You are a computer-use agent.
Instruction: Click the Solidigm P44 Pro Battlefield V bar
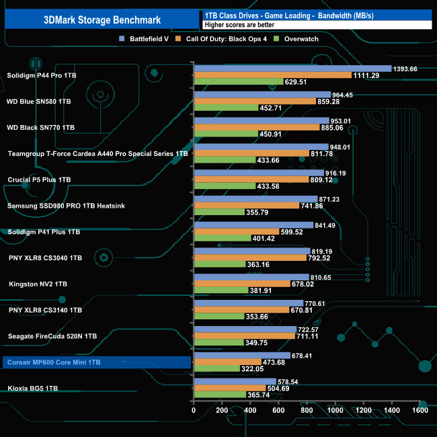292,68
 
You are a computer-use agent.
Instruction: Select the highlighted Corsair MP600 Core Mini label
54,362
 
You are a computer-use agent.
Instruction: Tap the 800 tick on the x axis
307,411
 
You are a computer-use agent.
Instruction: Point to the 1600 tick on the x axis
420,411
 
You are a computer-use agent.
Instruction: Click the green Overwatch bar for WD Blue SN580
225,108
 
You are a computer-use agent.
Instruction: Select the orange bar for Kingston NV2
241,284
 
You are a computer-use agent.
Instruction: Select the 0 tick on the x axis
194,411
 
